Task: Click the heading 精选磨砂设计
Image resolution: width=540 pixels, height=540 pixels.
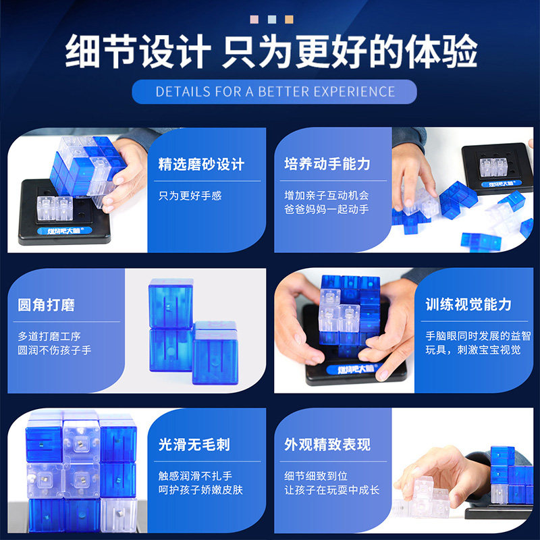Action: tap(201, 164)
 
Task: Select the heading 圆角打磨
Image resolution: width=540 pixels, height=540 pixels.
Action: tap(46, 304)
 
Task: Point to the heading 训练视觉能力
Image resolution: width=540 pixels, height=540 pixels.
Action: tap(468, 304)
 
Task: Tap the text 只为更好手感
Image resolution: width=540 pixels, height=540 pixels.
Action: tap(190, 196)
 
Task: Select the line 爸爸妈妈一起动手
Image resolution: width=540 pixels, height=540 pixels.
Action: tap(326, 210)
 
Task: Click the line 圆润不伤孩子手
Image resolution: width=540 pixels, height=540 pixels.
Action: tap(55, 350)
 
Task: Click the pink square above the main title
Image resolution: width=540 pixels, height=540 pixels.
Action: tap(254, 20)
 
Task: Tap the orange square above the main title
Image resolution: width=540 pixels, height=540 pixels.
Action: tap(288, 20)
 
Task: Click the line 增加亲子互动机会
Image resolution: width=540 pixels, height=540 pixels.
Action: tap(326, 195)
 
